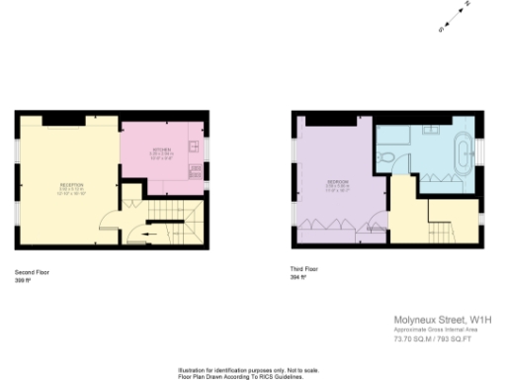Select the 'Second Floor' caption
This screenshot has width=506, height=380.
point(32,271)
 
